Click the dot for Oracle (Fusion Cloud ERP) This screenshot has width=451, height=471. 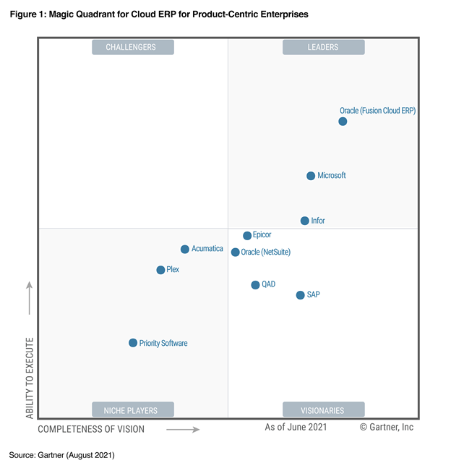[343, 122]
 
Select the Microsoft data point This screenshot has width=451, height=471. [311, 176]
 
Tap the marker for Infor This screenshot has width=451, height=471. [305, 221]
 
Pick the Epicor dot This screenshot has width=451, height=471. [247, 236]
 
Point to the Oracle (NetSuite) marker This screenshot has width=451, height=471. [236, 253]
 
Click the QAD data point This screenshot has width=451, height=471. [255, 285]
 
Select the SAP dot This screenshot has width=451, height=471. [300, 295]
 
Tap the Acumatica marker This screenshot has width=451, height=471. [185, 250]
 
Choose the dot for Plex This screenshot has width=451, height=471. [160, 270]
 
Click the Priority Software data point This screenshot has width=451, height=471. [133, 343]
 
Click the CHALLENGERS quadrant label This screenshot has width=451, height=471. [133, 48]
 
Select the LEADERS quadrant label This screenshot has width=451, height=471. [323, 48]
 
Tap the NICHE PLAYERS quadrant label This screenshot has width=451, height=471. [133, 410]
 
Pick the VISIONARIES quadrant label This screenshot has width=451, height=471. [323, 410]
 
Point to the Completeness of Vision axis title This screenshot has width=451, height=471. [91, 429]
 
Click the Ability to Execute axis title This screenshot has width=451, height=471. [30, 377]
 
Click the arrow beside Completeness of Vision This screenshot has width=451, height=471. [183, 429]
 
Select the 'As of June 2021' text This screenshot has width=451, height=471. [296, 428]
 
